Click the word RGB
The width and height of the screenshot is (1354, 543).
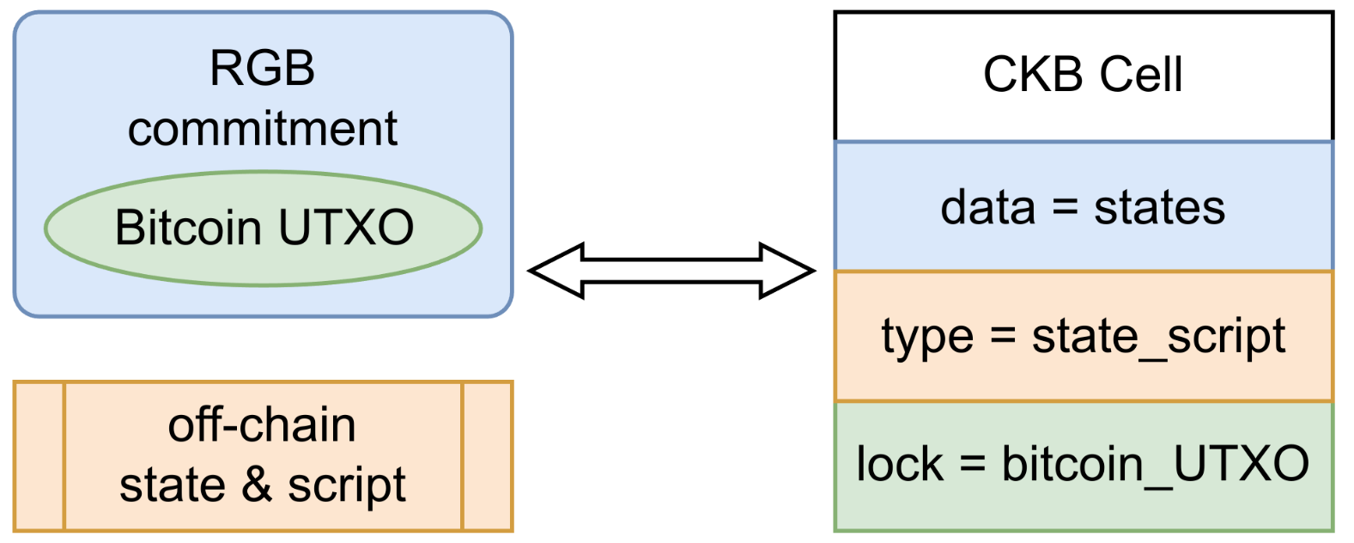pyautogui.click(x=263, y=68)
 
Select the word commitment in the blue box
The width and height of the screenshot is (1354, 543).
pyautogui.click(x=263, y=129)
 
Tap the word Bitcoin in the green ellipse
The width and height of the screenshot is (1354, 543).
pyautogui.click(x=188, y=228)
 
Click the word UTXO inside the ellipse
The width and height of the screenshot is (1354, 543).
pyautogui.click(x=346, y=228)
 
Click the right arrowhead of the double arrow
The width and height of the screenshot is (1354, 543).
pyautogui.click(x=787, y=271)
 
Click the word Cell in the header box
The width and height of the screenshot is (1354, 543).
pyautogui.click(x=1140, y=75)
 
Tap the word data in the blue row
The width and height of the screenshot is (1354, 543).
pyautogui.click(x=987, y=207)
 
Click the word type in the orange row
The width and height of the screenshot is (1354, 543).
pyautogui.click(x=927, y=338)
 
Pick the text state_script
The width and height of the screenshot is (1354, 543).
pyautogui.click(x=1158, y=338)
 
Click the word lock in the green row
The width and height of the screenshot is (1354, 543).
pyautogui.click(x=900, y=465)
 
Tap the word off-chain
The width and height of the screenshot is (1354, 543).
pyautogui.click(x=262, y=425)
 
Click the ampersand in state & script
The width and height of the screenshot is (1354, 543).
pyautogui.click(x=257, y=485)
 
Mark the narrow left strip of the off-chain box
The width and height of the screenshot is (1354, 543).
pyautogui.click(x=39, y=456)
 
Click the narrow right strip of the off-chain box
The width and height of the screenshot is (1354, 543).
pyautogui.click(x=487, y=456)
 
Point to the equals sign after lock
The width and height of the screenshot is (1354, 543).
pyautogui.click(x=973, y=465)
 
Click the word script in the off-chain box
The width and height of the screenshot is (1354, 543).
pyautogui.click(x=346, y=485)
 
